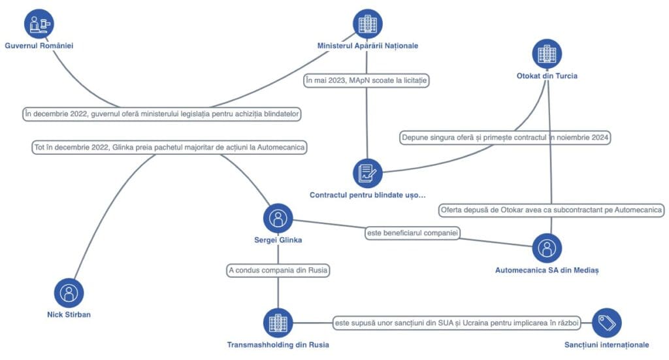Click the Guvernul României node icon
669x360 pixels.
[39, 24]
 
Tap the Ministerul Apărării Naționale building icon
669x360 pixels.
[367, 24]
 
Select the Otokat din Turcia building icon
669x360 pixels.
[547, 54]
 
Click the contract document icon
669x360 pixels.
[367, 173]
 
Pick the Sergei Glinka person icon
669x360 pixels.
[278, 218]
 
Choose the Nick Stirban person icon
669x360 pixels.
[69, 293]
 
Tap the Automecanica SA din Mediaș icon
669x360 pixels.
[547, 248]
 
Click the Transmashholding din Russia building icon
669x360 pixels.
[278, 323]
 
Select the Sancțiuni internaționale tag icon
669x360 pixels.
[607, 323]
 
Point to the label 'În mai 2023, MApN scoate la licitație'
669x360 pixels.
[366, 80]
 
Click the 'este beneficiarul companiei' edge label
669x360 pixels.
[412, 233]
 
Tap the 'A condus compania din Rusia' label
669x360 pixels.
[278, 270]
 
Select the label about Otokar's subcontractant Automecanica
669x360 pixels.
[551, 210]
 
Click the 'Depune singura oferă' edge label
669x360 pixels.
[505, 137]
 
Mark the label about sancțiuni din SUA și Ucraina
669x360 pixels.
[457, 323]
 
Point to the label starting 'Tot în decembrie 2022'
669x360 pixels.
[169, 147]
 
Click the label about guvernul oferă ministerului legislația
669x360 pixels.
[162, 114]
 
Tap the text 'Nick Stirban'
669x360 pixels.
[69, 314]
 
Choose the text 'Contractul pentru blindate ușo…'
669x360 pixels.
[367, 195]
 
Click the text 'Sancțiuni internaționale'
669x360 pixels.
[607, 344]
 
